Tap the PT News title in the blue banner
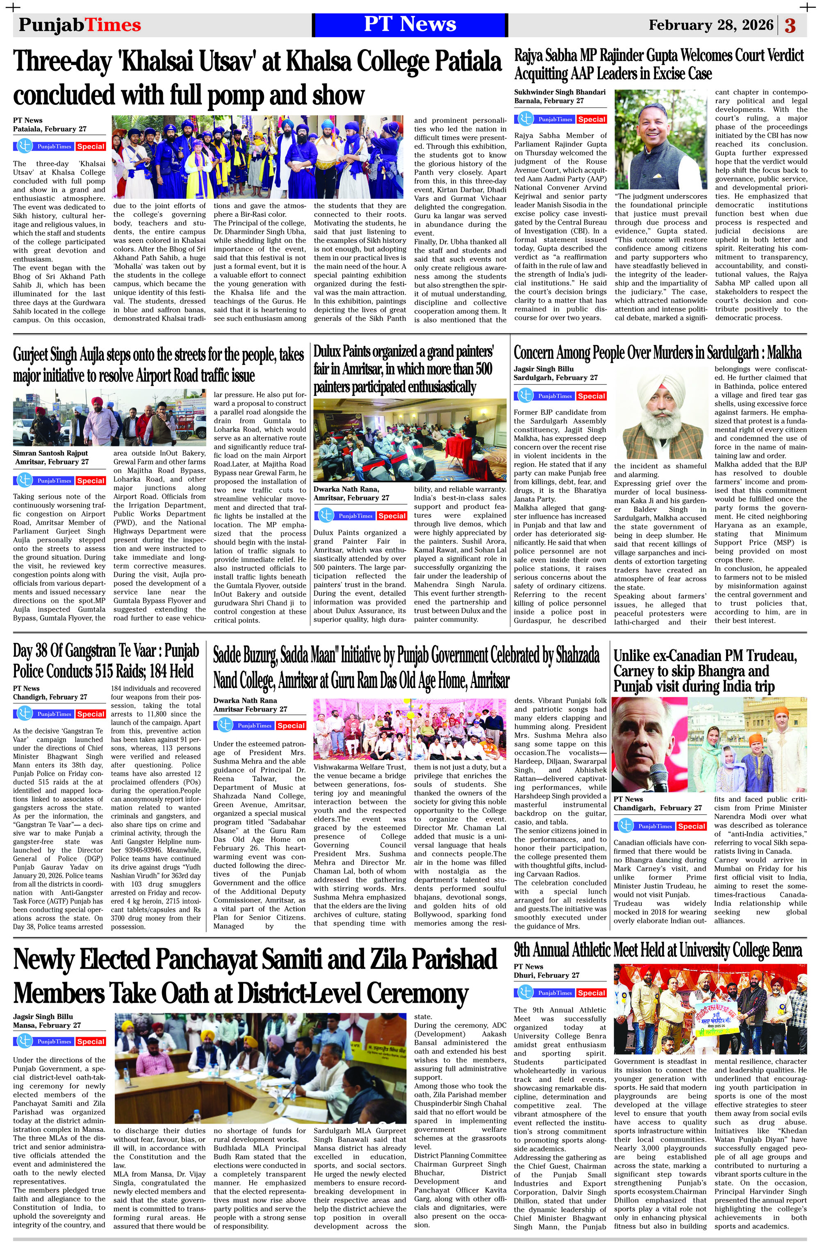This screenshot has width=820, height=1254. (410, 24)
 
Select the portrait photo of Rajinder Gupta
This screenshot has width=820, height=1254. (661, 139)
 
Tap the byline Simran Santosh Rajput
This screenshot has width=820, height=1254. (50, 453)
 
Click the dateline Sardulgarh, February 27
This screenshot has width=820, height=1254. (556, 378)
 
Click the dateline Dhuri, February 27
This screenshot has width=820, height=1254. (546, 975)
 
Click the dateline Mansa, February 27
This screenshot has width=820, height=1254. (47, 1025)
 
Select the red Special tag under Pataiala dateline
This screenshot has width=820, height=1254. (91, 146)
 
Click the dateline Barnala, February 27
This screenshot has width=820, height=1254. (549, 100)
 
